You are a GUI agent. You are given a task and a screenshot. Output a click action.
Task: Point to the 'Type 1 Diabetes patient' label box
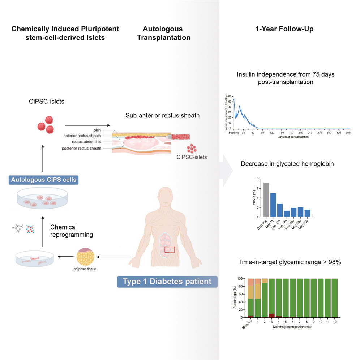tap(167, 281)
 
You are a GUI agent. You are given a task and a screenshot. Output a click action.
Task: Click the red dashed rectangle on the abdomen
tap(170, 250)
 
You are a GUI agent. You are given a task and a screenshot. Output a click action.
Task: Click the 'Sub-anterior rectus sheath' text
tap(158, 116)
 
